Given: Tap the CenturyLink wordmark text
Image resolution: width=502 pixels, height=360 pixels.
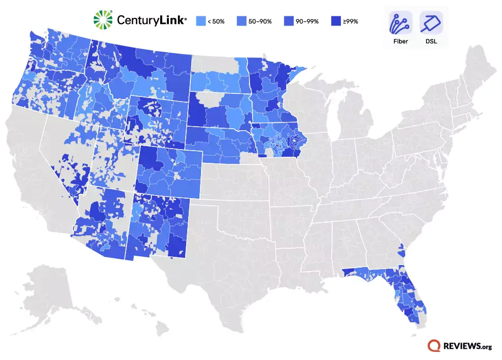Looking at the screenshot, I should coord(152,20).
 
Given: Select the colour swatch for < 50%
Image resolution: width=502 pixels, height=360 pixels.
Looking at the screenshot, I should coord(200,21).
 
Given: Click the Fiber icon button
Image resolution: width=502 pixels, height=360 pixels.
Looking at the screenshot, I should coord(400,22).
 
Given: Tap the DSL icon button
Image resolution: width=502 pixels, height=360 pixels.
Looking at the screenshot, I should coord(431,22).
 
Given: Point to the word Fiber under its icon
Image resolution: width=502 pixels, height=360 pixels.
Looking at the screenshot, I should coord(400,41).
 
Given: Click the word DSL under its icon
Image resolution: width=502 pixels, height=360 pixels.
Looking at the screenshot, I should coord(431,41).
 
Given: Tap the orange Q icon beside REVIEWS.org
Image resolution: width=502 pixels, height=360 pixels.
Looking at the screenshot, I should coord(435,346).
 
